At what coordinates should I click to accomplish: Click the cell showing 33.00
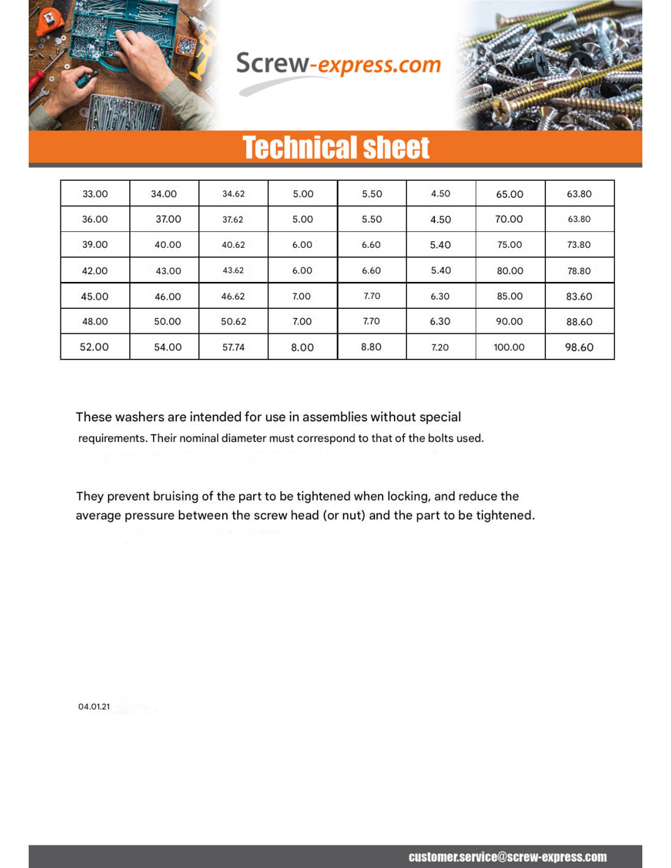point(95,194)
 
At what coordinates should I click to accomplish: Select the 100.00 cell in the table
point(509,347)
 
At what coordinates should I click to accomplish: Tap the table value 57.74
point(233,347)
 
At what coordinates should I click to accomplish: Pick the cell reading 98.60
point(579,347)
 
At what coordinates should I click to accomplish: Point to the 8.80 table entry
point(371,347)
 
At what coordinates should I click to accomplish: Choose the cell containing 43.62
point(233,270)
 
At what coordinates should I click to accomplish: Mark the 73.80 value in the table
point(579,245)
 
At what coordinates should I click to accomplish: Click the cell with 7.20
point(440,347)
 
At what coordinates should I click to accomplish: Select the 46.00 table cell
point(168,297)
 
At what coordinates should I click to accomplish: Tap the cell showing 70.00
point(509,219)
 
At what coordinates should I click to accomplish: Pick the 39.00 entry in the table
point(95,245)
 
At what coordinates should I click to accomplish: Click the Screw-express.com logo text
point(338,64)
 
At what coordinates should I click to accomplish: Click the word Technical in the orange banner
point(290,148)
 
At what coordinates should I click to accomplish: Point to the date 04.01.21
point(94,707)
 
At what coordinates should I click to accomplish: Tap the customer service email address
point(508,857)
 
